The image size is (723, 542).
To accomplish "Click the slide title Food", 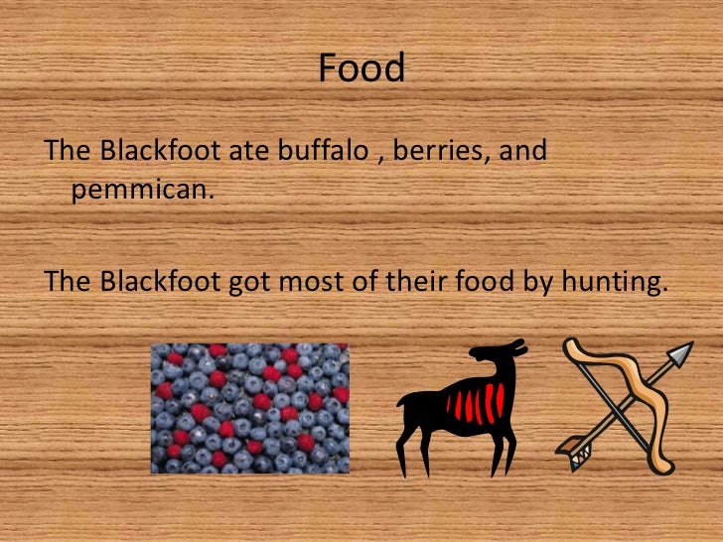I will click(361, 68).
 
